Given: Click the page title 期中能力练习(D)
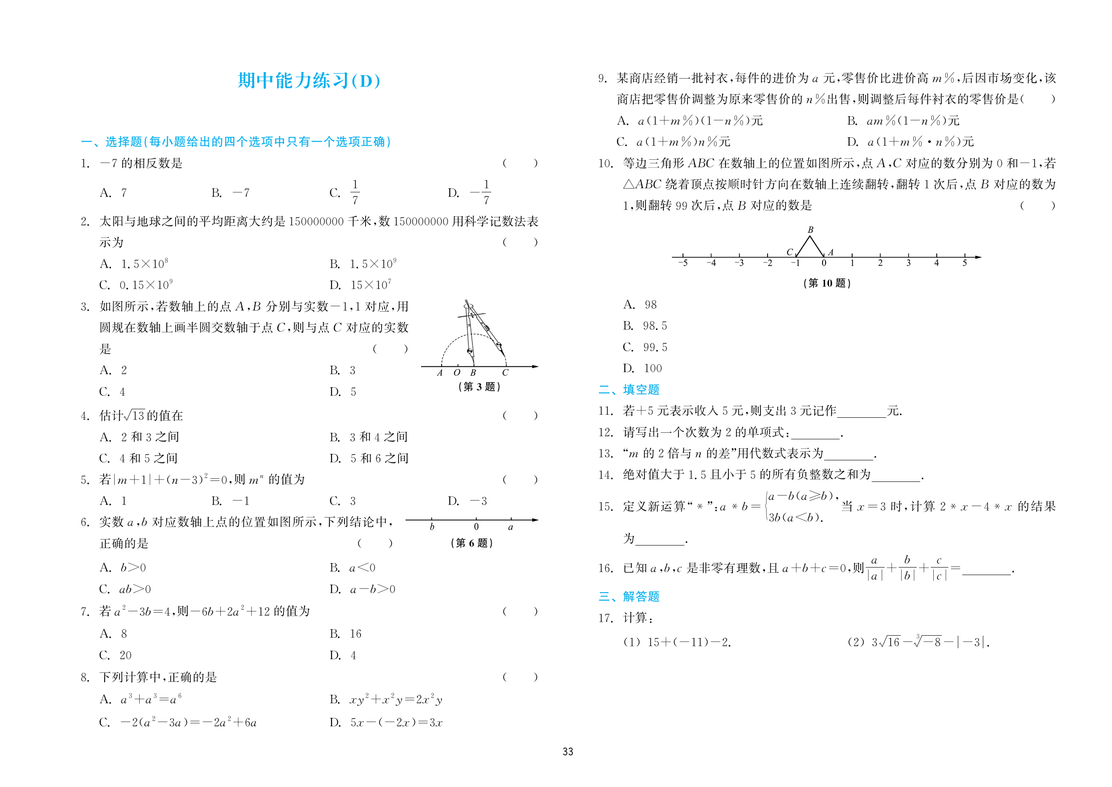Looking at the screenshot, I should click(308, 81).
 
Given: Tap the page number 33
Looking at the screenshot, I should click(567, 751).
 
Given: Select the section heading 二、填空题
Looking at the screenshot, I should click(629, 389).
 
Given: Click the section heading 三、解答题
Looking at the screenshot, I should click(629, 596).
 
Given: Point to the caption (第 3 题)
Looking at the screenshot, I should click(479, 386).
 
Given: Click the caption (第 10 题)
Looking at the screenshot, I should click(827, 283).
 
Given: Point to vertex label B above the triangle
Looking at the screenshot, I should click(810, 230).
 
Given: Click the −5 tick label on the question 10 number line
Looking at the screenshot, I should click(683, 263).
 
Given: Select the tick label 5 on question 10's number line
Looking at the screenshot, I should click(964, 263).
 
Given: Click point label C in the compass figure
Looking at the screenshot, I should click(505, 373).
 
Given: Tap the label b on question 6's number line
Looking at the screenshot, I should click(432, 527).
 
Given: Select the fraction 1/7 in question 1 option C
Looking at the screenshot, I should click(354, 192).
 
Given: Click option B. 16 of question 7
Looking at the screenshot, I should click(345, 634).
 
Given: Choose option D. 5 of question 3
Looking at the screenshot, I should click(343, 392).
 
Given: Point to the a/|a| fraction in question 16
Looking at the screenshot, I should click(874, 568).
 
